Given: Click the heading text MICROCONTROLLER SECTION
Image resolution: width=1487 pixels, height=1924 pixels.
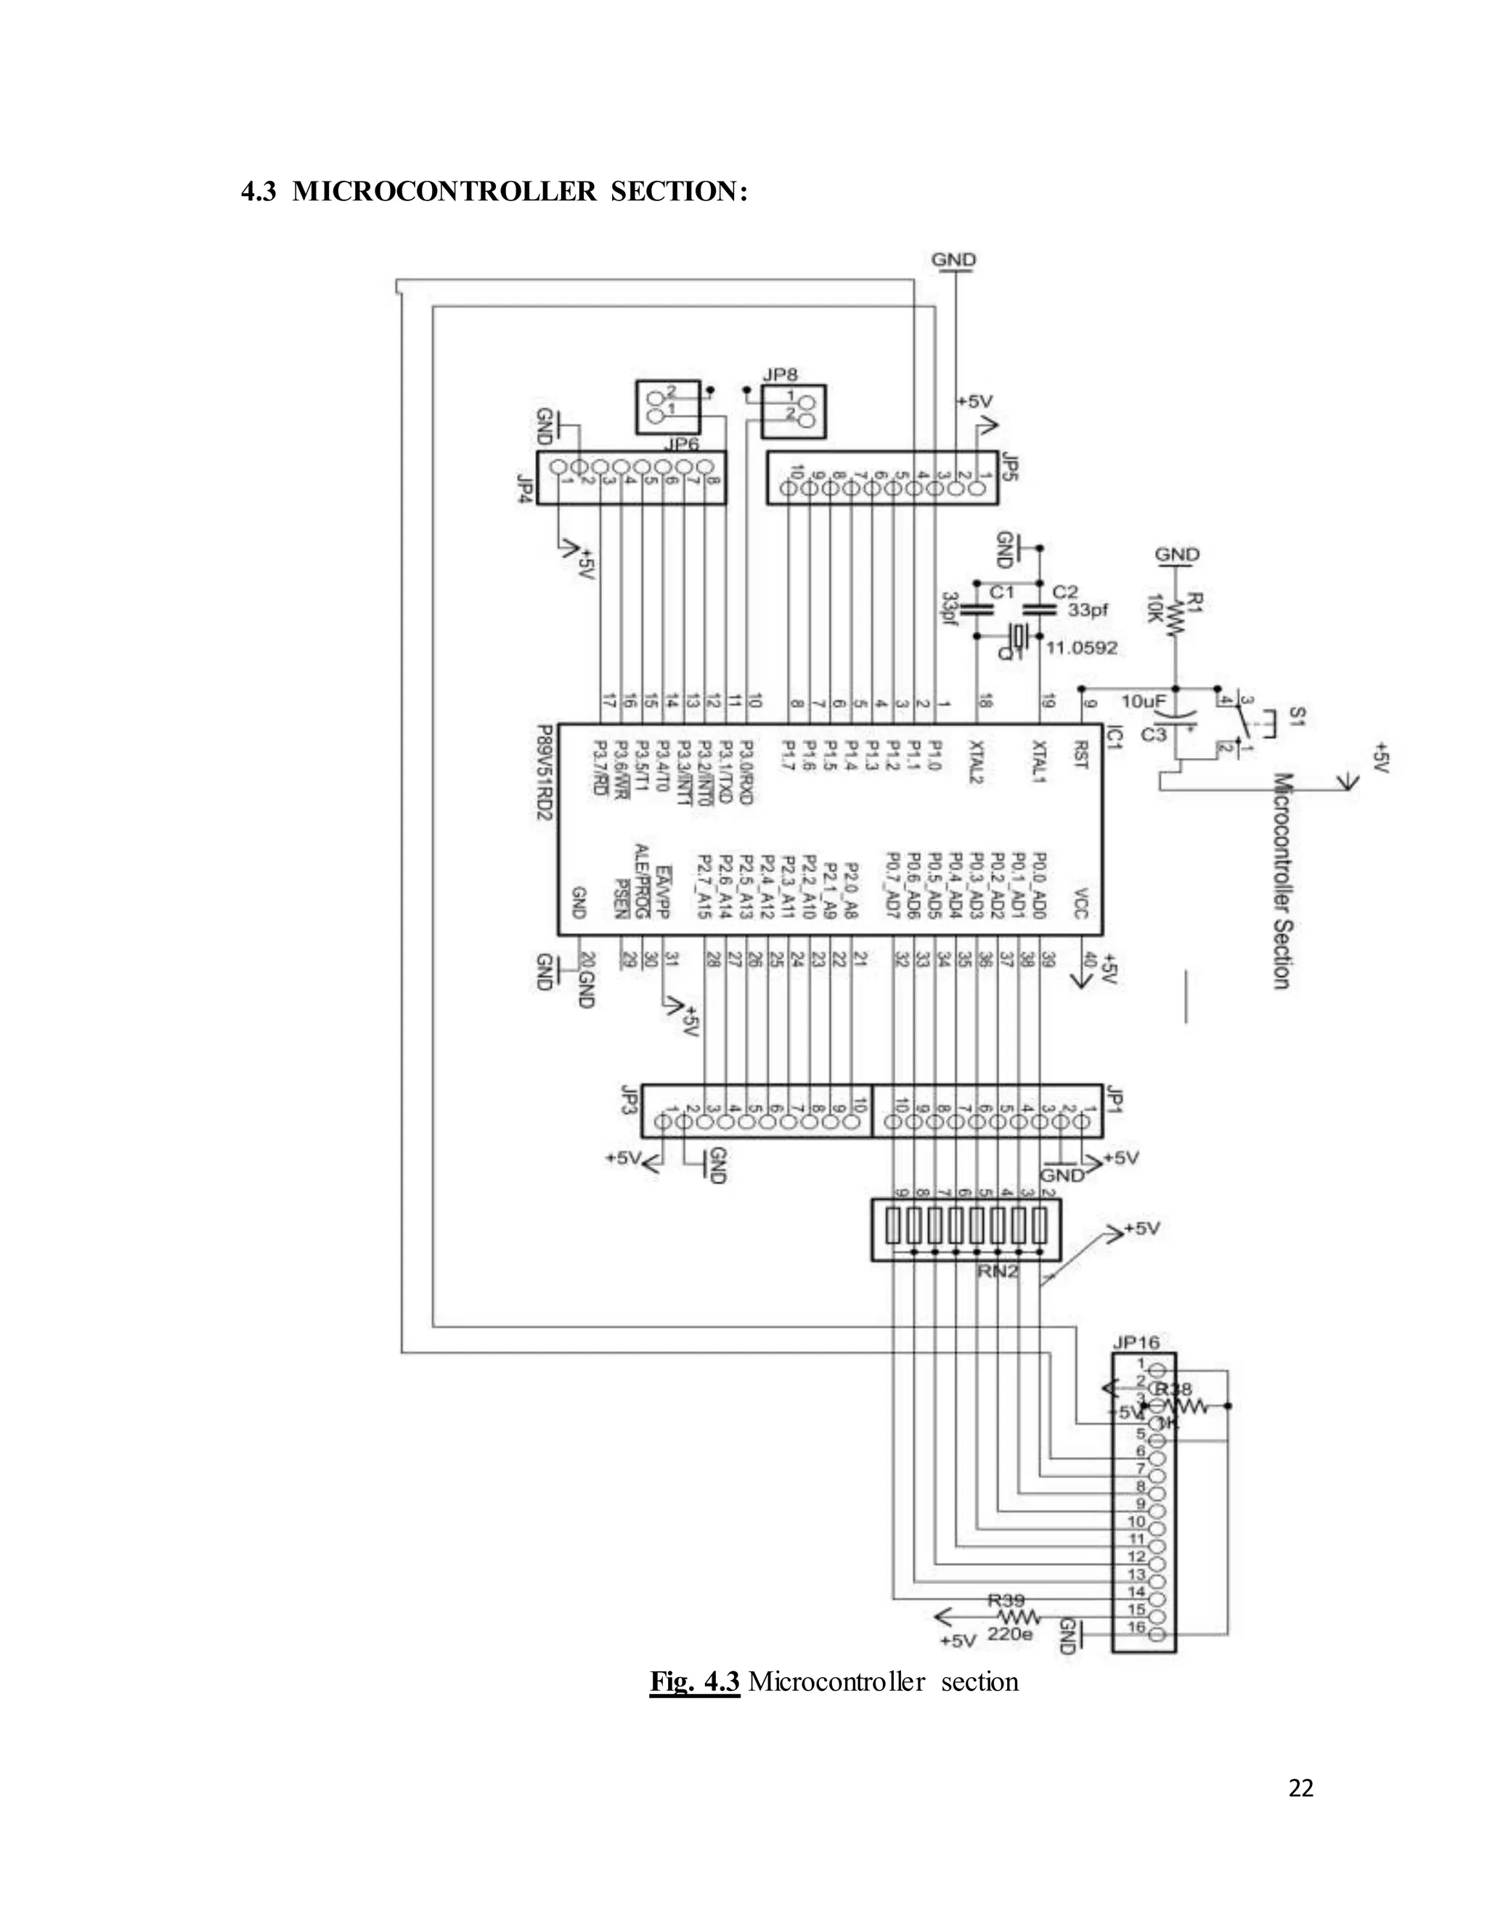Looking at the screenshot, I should click(520, 192).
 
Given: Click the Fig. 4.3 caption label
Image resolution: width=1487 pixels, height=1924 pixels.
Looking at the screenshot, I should click(694, 1681).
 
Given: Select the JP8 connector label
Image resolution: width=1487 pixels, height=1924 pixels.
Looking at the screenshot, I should click(780, 375).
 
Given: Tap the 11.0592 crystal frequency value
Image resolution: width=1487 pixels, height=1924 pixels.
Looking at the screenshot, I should click(1082, 648).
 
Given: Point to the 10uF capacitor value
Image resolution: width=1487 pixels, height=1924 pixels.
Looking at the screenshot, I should click(1144, 701).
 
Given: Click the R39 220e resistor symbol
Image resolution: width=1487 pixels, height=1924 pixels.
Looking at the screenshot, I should click(1019, 1618).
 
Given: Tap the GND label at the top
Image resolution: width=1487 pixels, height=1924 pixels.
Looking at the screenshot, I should click(953, 260).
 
